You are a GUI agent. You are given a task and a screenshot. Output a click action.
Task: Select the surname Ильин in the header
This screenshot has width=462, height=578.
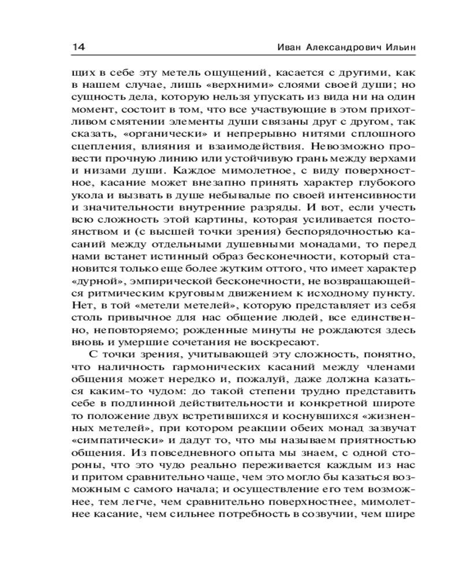click(x=397, y=46)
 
